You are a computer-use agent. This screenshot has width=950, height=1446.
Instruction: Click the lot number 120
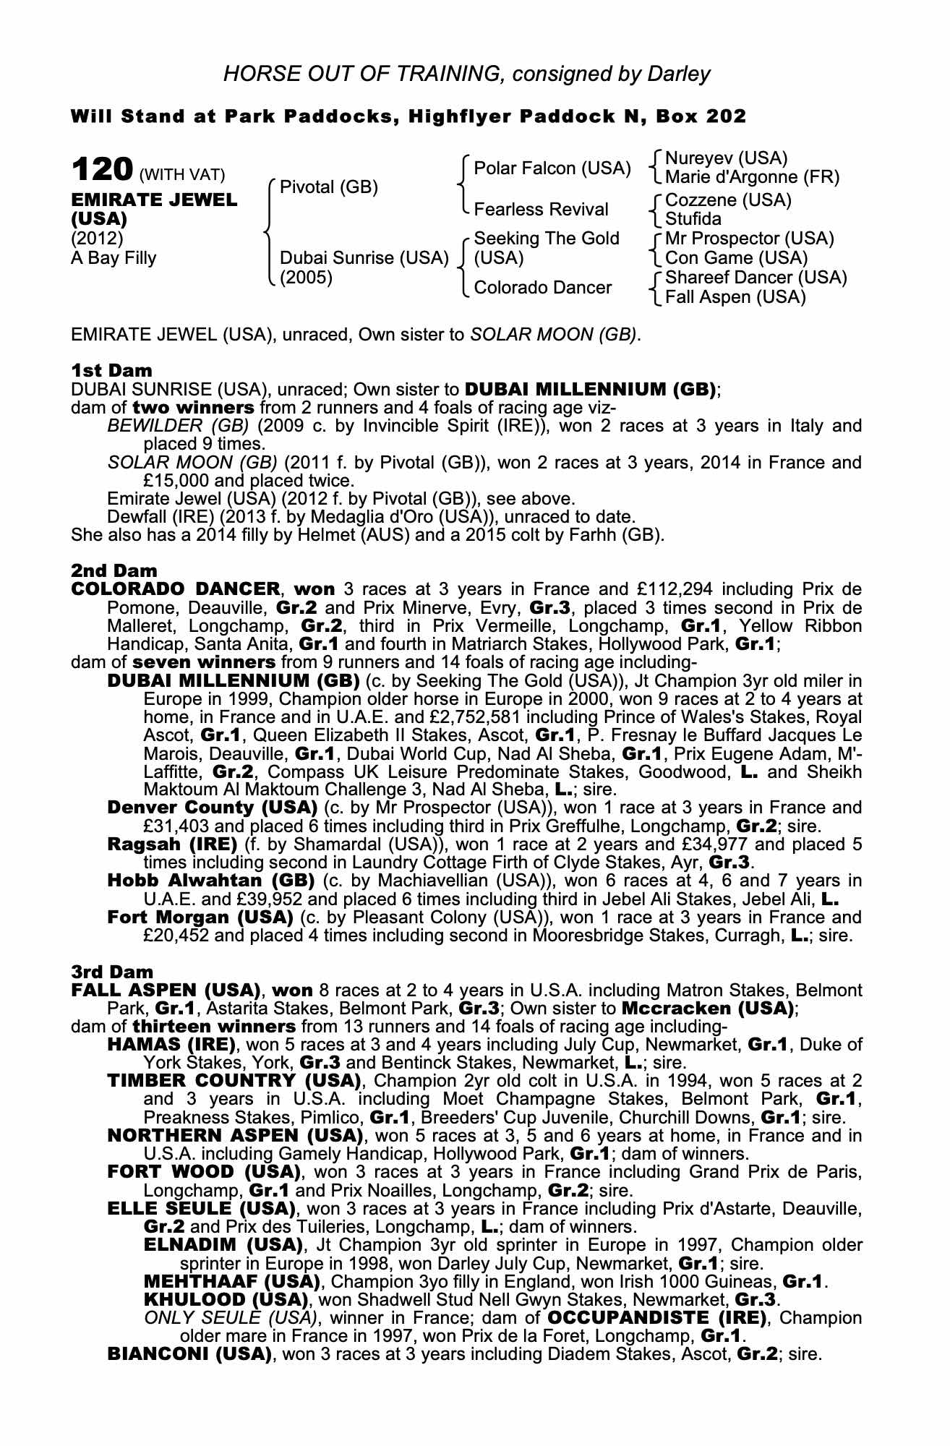tap(101, 171)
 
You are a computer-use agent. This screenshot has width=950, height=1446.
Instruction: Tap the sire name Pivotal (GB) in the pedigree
tap(329, 187)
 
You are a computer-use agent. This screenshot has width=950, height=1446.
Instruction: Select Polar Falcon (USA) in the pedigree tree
tap(552, 168)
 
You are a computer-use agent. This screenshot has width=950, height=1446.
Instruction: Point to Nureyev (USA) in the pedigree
tap(726, 158)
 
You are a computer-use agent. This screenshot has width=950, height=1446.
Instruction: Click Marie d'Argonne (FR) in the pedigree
tap(752, 177)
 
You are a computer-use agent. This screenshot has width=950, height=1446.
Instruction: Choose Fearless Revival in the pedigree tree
tap(541, 210)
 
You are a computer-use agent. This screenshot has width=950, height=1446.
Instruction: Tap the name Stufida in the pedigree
tap(693, 219)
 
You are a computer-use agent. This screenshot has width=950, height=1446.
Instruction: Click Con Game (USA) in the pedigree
tap(736, 258)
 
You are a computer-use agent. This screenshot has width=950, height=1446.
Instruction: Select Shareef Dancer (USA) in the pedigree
tap(756, 278)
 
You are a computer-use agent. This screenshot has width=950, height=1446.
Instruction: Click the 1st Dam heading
tap(111, 371)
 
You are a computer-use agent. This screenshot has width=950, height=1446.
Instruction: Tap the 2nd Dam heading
tap(114, 571)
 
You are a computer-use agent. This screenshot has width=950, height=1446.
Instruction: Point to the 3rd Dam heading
tap(112, 972)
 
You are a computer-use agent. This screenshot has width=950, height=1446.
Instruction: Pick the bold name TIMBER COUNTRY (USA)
tap(234, 1081)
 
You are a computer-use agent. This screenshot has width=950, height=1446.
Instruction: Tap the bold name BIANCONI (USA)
tap(189, 1353)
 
